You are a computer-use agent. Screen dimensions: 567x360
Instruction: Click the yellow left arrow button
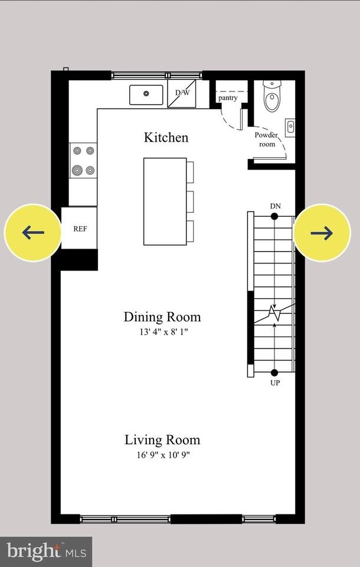click(x=32, y=233)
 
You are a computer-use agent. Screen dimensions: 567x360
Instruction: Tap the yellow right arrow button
click(x=322, y=233)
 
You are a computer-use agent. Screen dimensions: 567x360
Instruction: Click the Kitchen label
click(x=166, y=138)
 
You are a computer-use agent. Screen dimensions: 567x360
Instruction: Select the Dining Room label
click(x=162, y=317)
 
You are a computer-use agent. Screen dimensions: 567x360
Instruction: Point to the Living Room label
click(x=162, y=440)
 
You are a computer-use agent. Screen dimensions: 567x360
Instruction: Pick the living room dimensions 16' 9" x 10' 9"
click(x=162, y=455)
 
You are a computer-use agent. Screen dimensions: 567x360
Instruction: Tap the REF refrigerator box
click(x=80, y=229)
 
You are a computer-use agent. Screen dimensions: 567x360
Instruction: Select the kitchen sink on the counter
click(x=146, y=94)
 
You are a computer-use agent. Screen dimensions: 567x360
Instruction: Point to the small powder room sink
click(x=290, y=127)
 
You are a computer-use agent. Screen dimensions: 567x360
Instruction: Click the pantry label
click(x=228, y=98)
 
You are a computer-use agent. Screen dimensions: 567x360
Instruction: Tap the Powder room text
click(x=267, y=139)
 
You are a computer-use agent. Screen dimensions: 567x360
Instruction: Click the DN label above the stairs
click(x=274, y=206)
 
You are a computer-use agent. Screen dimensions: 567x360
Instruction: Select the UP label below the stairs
click(x=274, y=383)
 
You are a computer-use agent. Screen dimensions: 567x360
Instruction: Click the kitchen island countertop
click(x=165, y=201)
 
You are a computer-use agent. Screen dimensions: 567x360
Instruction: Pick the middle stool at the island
click(x=190, y=201)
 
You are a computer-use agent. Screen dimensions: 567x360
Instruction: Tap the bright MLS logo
click(x=45, y=552)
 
